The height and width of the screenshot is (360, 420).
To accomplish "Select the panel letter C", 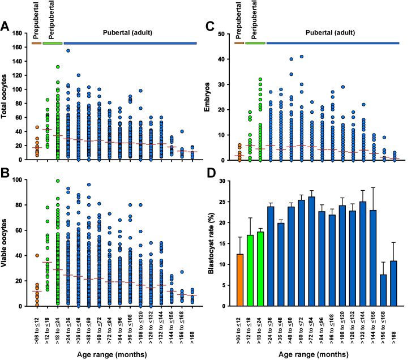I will [x=211, y=27].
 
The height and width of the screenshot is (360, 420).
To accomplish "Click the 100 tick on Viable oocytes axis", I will [x=22, y=179].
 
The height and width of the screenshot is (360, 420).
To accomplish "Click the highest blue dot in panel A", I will [x=68, y=51].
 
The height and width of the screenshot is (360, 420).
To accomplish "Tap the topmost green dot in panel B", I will [x=58, y=181].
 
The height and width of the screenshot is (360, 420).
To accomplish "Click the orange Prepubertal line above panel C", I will [x=239, y=43].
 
